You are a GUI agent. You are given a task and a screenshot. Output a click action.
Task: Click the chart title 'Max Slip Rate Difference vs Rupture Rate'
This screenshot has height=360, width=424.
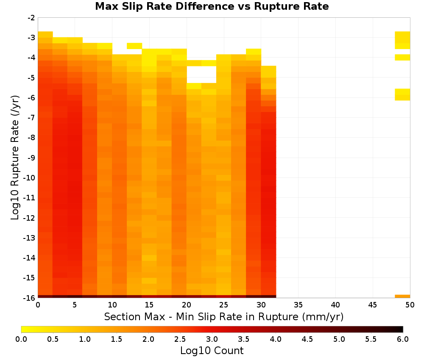[x=212, y=6]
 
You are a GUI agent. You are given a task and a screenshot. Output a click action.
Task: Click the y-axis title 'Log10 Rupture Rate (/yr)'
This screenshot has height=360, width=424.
[x=15, y=158]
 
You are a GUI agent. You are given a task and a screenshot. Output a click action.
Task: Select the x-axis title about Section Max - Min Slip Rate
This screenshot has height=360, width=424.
[x=223, y=316]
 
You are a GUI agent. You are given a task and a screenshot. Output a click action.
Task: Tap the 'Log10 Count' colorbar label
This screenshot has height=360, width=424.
[x=212, y=351]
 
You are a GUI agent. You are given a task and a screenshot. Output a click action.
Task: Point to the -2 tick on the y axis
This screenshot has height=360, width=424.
[x=31, y=18]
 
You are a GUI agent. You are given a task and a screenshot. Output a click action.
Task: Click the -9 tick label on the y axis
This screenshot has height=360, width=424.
[x=31, y=158]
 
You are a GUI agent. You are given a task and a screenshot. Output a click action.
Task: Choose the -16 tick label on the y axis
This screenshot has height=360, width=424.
[x=29, y=298]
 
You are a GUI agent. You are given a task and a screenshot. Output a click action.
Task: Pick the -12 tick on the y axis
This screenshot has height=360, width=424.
[x=29, y=218]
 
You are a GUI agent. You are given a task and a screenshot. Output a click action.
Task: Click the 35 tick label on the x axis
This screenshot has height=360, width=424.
[x=298, y=305]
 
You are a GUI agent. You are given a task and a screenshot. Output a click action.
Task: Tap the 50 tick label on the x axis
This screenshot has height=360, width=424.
[x=410, y=305]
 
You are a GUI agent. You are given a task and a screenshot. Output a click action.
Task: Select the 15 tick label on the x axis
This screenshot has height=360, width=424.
[x=149, y=305]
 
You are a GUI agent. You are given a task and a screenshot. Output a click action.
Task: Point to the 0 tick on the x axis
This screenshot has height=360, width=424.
[x=38, y=305]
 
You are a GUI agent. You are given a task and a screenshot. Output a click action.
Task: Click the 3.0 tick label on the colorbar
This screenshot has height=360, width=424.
[x=212, y=339]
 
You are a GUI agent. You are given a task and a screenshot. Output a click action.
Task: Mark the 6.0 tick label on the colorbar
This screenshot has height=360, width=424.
[x=403, y=339]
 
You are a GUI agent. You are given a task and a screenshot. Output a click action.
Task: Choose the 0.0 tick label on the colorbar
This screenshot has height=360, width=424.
[x=21, y=339]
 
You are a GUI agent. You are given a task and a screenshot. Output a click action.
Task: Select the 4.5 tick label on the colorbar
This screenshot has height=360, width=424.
[x=307, y=339]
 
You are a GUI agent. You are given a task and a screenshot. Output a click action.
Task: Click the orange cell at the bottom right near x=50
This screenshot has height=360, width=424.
[x=402, y=296]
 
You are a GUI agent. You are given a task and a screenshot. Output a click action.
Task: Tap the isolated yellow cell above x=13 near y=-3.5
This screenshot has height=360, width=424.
[x=134, y=46]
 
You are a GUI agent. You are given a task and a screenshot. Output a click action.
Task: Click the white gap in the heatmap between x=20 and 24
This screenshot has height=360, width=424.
[x=201, y=75]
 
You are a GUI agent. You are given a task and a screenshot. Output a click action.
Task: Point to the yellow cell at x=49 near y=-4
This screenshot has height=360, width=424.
[x=402, y=57]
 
